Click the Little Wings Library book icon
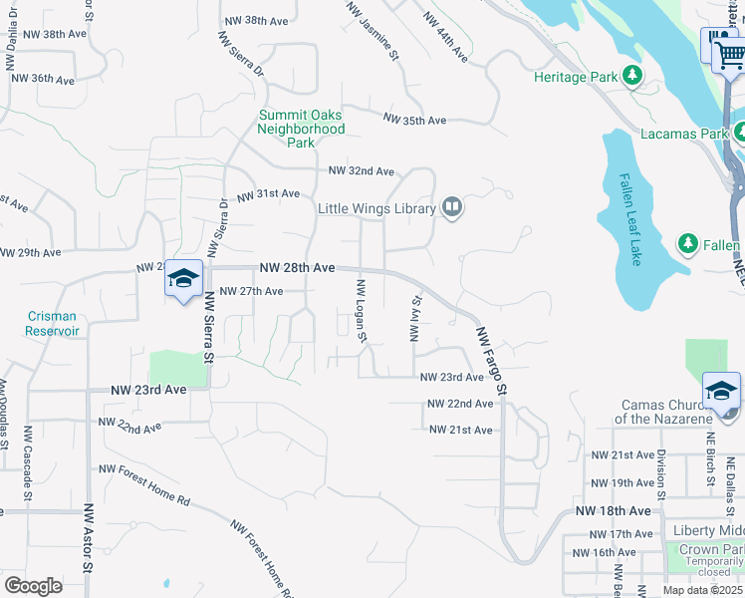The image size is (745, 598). coord(451,207)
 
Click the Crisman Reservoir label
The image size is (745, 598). coord(52,323)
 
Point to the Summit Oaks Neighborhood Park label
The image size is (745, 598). coord(301,129)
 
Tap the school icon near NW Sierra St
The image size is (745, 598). coord(183,278)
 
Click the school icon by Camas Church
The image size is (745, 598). coord(721,391)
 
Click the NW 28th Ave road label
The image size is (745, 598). coord(297,268)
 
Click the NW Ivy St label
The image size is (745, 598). coord(414,317)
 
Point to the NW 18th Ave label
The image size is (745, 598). coord(614,510)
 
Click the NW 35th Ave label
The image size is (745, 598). coord(414,120)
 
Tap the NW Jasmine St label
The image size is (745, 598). coord(372,30)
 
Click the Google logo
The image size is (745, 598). coord(34,585)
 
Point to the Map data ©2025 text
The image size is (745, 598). coord(702,590)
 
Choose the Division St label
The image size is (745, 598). coord(660,467)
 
